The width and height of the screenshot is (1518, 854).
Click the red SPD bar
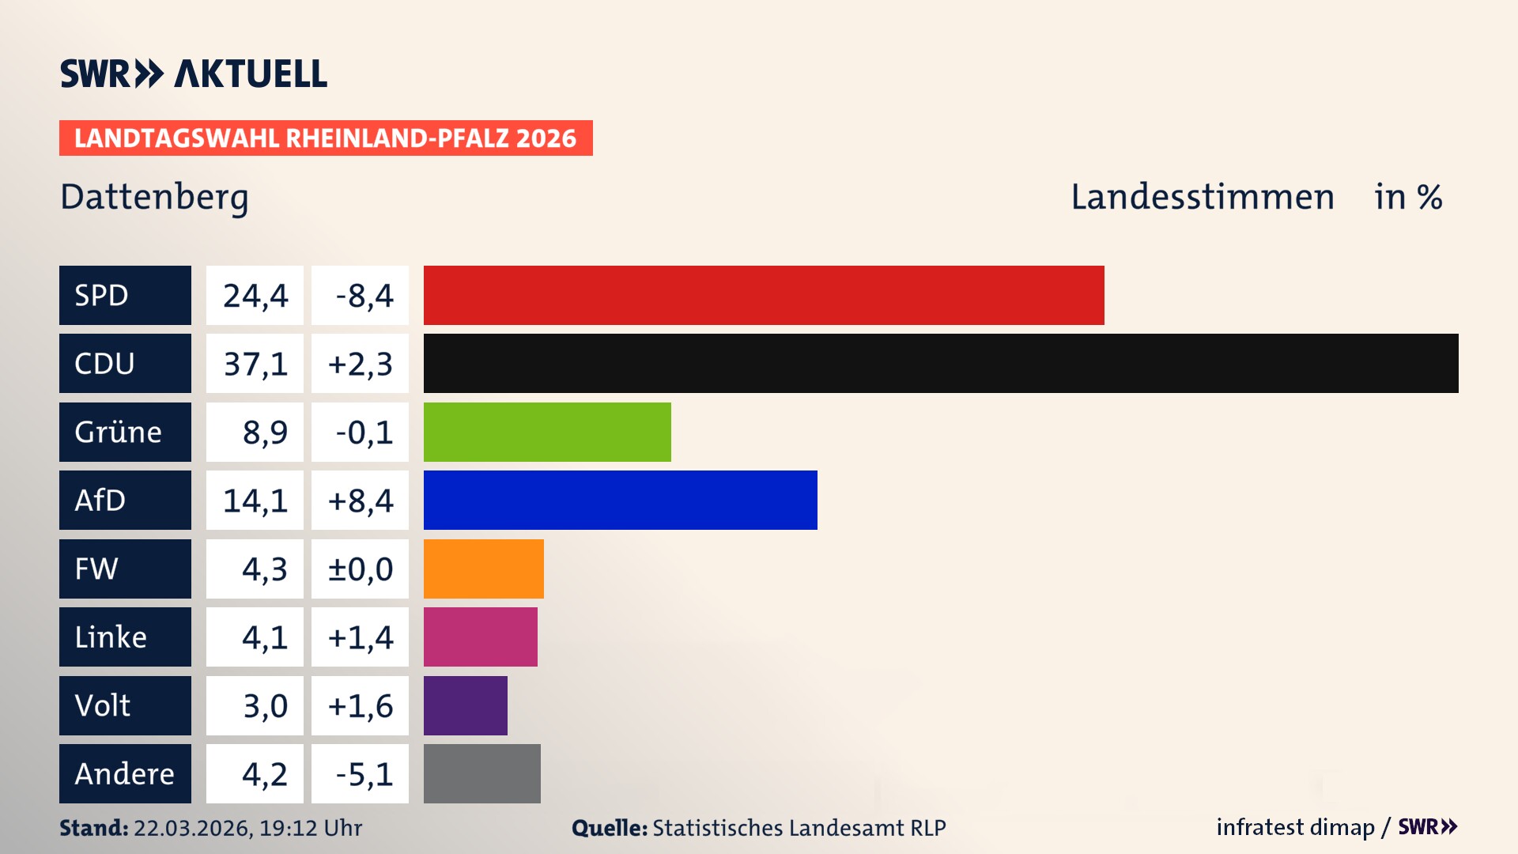pyautogui.click(x=764, y=295)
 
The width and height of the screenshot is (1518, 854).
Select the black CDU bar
pyautogui.click(x=941, y=364)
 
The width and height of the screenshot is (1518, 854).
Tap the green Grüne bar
pyautogui.click(x=547, y=432)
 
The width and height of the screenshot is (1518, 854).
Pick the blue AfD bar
pyautogui.click(x=620, y=500)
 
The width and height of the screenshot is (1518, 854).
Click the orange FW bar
pyautogui.click(x=483, y=569)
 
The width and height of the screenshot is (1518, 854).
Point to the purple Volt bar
pyautogui.click(x=465, y=705)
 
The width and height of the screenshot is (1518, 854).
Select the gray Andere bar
pyautogui.click(x=481, y=773)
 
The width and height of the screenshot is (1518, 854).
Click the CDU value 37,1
pyautogui.click(x=255, y=364)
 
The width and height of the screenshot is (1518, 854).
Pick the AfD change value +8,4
pyautogui.click(x=361, y=501)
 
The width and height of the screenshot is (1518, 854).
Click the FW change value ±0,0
pyautogui.click(x=361, y=569)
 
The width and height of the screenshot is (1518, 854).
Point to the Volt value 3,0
pyautogui.click(x=264, y=705)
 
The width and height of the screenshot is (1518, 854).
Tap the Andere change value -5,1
pyautogui.click(x=363, y=774)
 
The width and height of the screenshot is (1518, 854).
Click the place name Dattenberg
pyautogui.click(x=154, y=197)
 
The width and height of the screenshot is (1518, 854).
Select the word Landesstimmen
pyautogui.click(x=1202, y=197)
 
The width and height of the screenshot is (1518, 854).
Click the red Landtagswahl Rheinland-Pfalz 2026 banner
pyautogui.click(x=326, y=138)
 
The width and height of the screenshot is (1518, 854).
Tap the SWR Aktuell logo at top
pyautogui.click(x=194, y=74)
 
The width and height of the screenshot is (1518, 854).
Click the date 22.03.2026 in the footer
pyautogui.click(x=191, y=828)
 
